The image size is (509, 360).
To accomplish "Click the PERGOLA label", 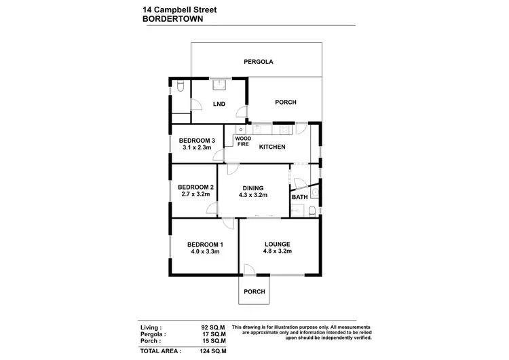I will (258, 62).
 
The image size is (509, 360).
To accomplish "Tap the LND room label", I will (219, 105).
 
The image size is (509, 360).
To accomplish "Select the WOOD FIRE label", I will (242, 141).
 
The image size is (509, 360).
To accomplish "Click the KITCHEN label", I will (271, 147).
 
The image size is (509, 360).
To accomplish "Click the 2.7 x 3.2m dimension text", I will (196, 194).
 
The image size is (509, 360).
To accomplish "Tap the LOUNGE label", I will (278, 244).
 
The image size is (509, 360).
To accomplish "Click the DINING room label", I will (252, 187).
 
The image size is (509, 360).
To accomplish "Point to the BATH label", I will (299, 198).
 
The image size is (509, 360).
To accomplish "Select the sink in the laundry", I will (219, 85).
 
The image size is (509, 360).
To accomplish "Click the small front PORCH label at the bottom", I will (254, 291).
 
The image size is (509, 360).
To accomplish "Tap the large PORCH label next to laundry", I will (285, 103).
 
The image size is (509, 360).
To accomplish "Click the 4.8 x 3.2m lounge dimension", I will (278, 251).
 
